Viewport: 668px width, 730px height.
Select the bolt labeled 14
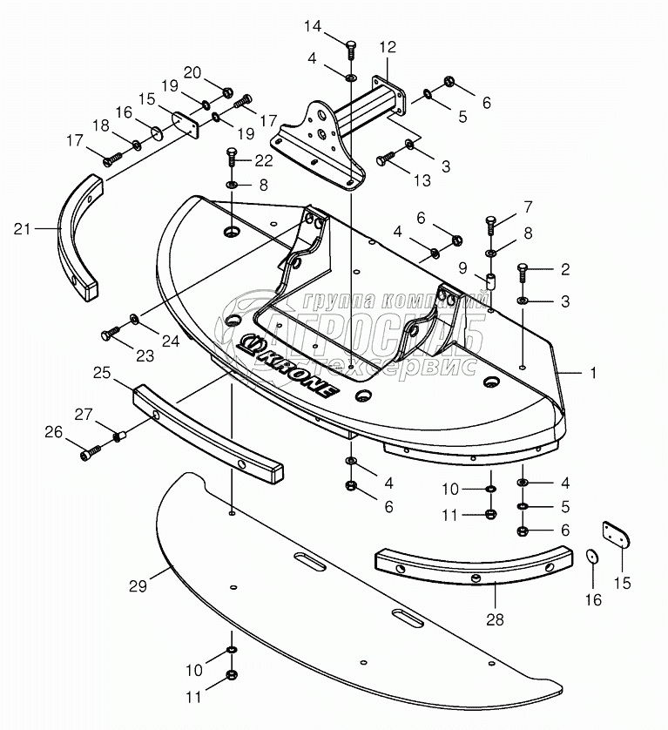(350, 50)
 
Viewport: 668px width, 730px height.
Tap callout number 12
(387, 45)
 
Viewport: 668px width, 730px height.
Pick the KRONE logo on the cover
(287, 367)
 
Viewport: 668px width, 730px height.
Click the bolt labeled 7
(490, 223)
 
